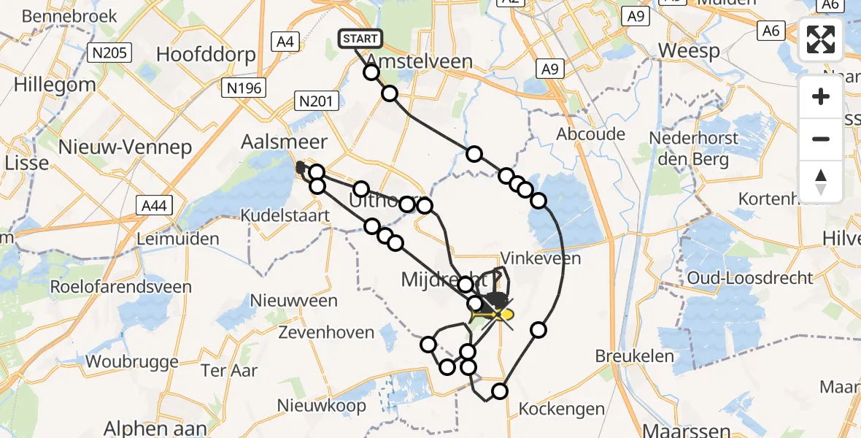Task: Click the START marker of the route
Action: (360, 39)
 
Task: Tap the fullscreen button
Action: (821, 39)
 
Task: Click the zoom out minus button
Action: (821, 139)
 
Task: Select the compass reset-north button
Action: (821, 181)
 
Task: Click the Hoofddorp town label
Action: (206, 55)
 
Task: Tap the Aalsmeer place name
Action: (284, 143)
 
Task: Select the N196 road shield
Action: (243, 88)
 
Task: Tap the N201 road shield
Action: (317, 101)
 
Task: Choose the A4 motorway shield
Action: (285, 42)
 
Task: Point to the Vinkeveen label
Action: (541, 258)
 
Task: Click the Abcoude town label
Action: (591, 134)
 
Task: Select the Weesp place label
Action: (689, 51)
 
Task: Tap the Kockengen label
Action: (561, 410)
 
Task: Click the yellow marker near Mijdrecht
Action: (504, 315)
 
